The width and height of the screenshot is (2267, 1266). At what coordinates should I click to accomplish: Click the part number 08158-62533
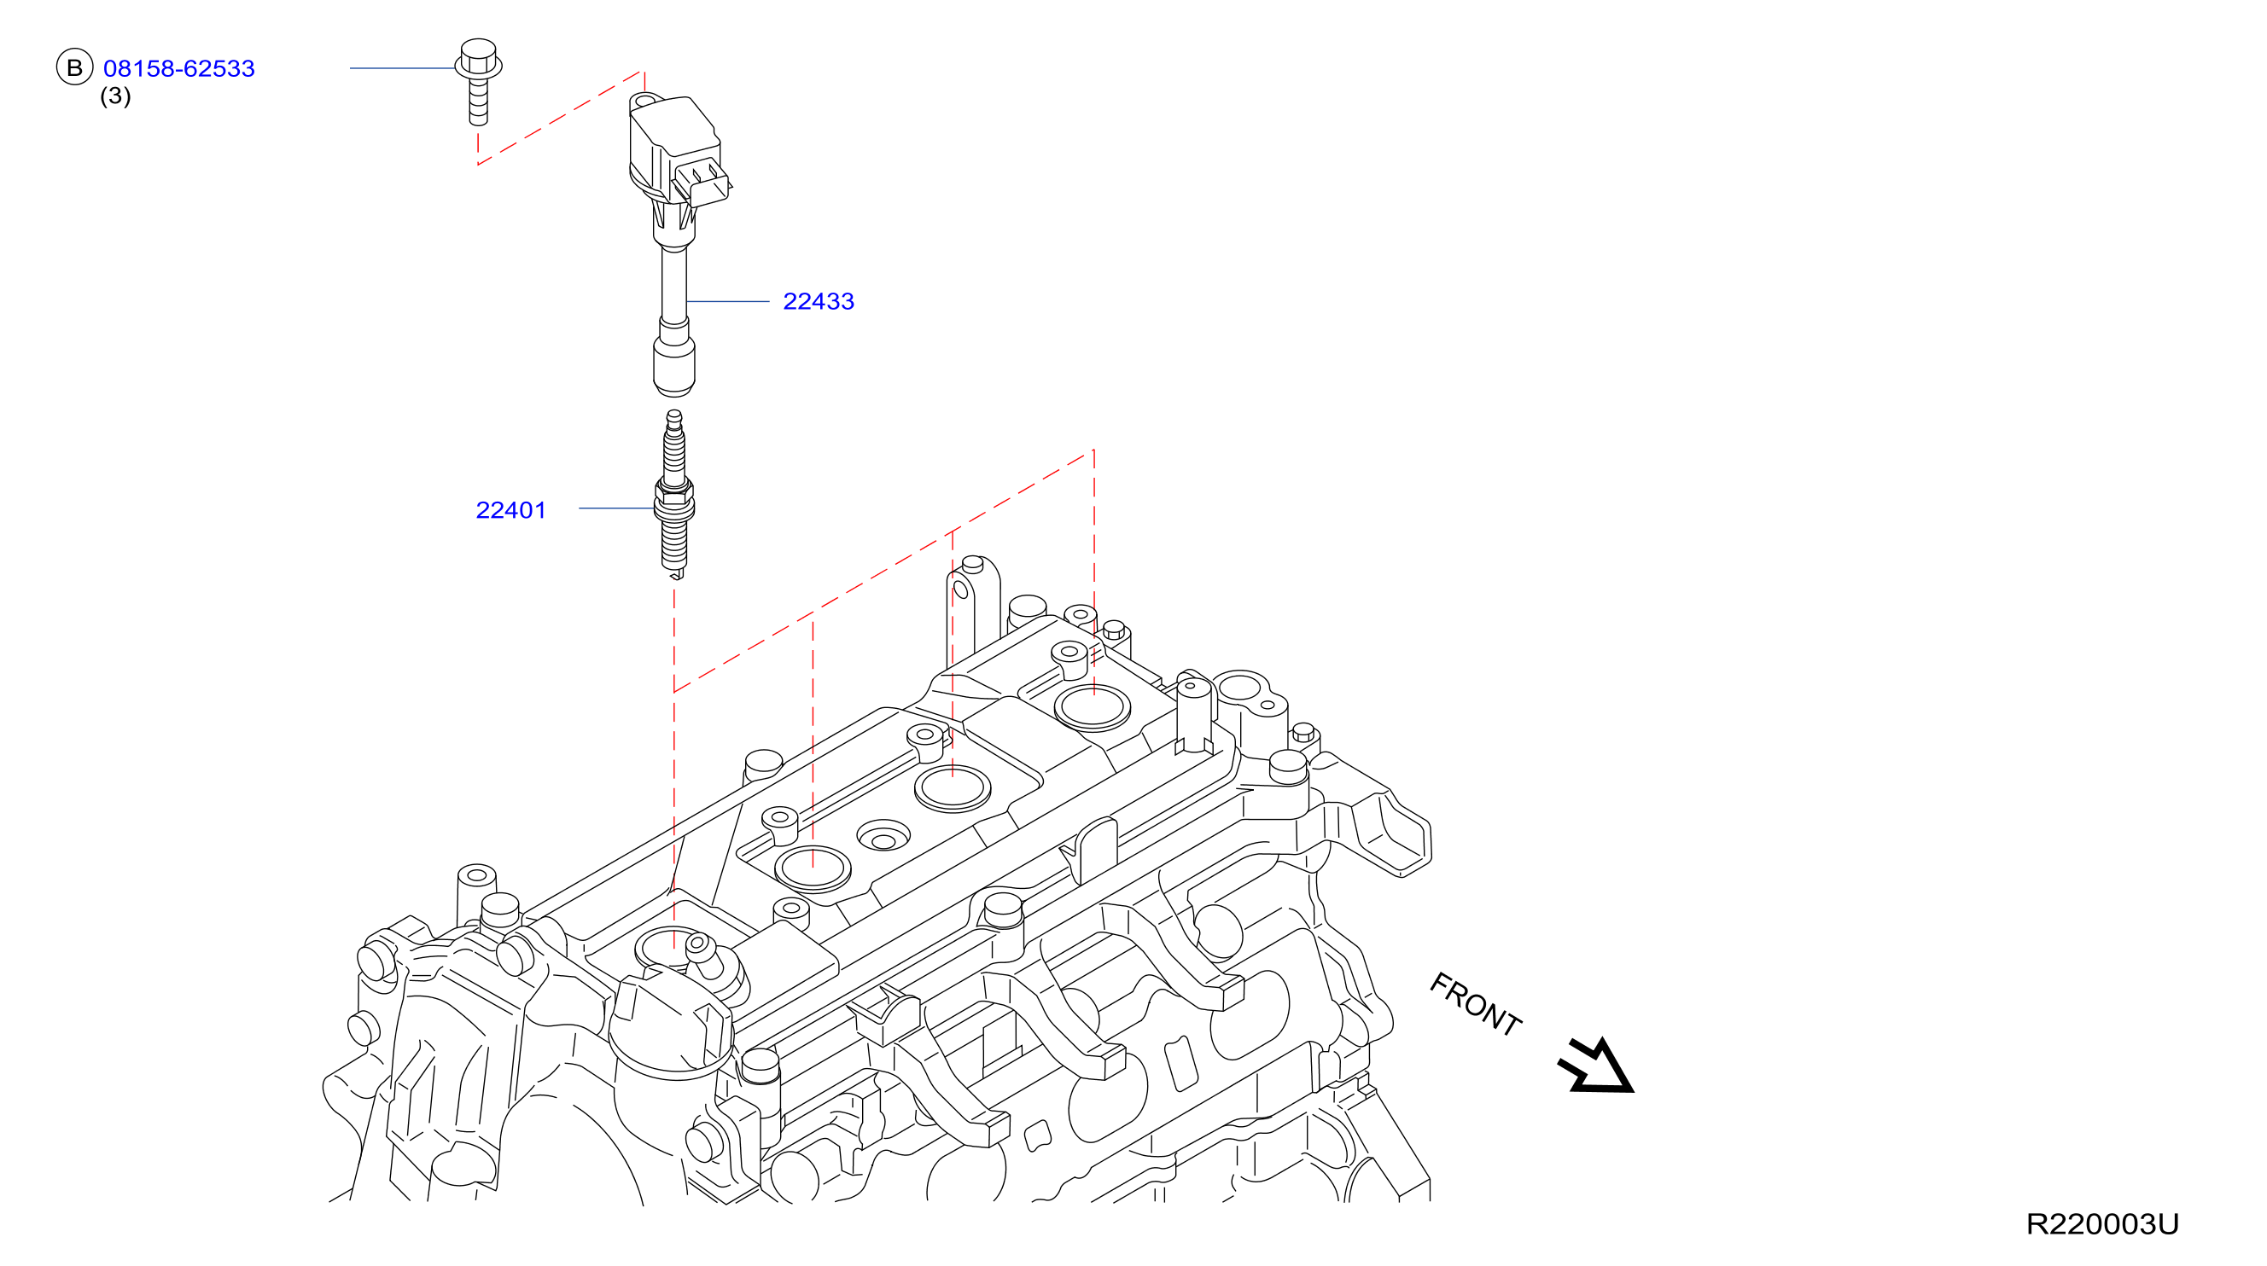point(178,68)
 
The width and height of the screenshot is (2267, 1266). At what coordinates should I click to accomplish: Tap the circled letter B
point(75,67)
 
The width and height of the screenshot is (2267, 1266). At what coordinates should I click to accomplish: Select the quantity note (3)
point(115,95)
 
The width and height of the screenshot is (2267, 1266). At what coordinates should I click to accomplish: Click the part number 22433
point(819,301)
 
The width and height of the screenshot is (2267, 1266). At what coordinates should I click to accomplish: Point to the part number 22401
point(510,510)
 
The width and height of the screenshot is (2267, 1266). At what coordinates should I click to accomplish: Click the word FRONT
point(1475,1004)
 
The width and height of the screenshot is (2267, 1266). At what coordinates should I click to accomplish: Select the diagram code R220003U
point(2102,1223)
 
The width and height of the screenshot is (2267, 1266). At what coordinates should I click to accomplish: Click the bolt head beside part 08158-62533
point(479,57)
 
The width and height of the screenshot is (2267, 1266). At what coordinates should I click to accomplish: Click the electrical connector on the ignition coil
point(702,180)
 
